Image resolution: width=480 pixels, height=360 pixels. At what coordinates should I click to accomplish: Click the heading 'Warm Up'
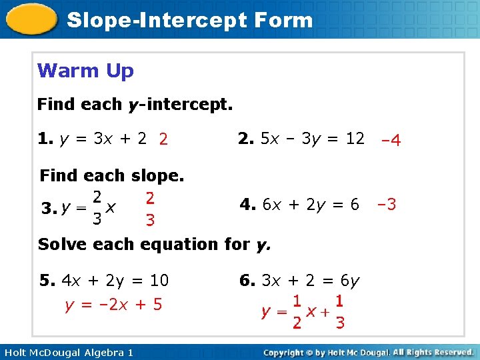pyautogui.click(x=85, y=71)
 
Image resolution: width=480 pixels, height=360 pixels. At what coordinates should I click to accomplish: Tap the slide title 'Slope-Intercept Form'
pyautogui.click(x=190, y=19)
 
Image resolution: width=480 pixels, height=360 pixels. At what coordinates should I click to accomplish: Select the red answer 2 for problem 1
pyautogui.click(x=163, y=139)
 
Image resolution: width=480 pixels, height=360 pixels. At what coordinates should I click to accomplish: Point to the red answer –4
pyautogui.click(x=390, y=140)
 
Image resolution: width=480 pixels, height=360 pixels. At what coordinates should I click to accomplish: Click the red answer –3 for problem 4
pyautogui.click(x=387, y=204)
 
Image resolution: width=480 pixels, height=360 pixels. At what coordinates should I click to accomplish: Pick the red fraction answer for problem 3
pyautogui.click(x=150, y=208)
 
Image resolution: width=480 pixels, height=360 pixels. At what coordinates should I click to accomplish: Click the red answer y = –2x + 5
pyautogui.click(x=113, y=305)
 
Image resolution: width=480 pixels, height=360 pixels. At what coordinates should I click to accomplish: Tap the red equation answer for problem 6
pyautogui.click(x=303, y=311)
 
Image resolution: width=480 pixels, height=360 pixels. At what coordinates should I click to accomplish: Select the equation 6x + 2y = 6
pyautogui.click(x=311, y=204)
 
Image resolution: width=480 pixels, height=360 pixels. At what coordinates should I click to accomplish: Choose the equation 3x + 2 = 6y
pyautogui.click(x=310, y=281)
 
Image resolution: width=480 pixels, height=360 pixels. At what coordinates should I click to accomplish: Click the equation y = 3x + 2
pyautogui.click(x=103, y=139)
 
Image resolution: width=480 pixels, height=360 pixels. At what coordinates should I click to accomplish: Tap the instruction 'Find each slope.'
pyautogui.click(x=112, y=176)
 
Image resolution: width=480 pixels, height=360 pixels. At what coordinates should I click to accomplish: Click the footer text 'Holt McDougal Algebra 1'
pyautogui.click(x=67, y=352)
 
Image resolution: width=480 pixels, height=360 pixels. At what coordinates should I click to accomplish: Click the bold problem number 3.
pyautogui.click(x=47, y=209)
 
